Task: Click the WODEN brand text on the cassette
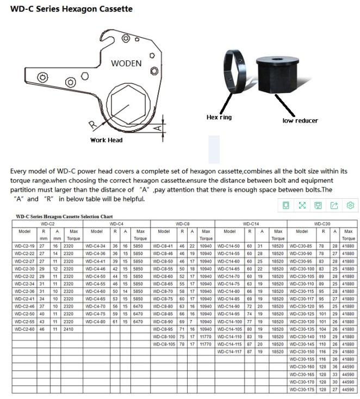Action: click(126, 63)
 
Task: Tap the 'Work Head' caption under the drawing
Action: click(106, 140)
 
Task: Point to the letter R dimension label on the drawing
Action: click(93, 124)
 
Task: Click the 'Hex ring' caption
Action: click(220, 117)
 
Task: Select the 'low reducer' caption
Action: click(300, 120)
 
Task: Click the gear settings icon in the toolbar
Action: click(351, 205)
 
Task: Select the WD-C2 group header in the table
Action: click(47, 224)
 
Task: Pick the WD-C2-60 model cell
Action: click(24, 329)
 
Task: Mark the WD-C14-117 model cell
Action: click(229, 352)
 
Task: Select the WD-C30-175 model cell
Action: click(302, 390)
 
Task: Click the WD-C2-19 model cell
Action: click(24, 245)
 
